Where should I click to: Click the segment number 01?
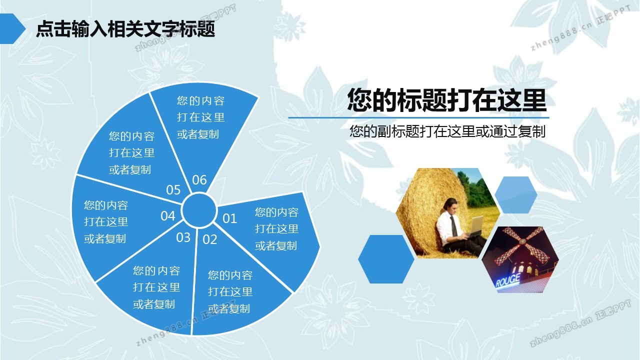229,218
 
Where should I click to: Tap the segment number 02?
209,239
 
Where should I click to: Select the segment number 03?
183,237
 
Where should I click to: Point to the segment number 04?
167,216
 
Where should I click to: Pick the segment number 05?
173,189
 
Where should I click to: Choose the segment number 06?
199,180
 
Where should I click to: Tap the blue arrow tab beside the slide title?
12,28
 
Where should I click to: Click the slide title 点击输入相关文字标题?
125,29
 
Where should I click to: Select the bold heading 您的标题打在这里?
447,100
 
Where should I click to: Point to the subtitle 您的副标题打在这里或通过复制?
447,131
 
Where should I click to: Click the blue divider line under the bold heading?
418,117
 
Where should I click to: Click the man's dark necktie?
453,225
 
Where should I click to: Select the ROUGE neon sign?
507,280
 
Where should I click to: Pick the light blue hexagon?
515,195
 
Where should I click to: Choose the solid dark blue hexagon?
386,259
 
